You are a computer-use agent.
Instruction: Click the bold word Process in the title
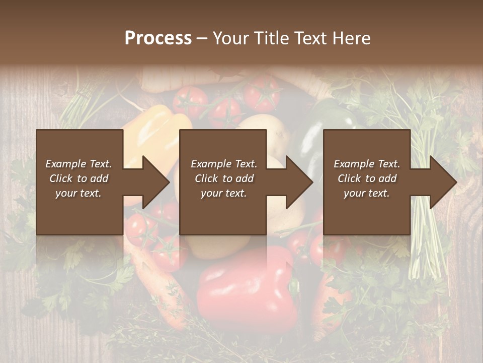click(x=158, y=38)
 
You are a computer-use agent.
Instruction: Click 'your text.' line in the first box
click(x=78, y=193)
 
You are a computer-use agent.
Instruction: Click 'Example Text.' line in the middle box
click(x=223, y=164)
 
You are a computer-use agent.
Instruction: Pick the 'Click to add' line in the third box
click(x=367, y=178)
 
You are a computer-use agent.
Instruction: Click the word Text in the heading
click(x=308, y=38)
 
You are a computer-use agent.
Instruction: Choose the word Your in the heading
click(x=230, y=38)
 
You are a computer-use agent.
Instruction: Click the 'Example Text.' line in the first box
click(x=78, y=164)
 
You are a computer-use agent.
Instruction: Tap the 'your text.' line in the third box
click(x=367, y=193)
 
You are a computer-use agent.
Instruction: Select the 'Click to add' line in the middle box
click(x=223, y=178)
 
